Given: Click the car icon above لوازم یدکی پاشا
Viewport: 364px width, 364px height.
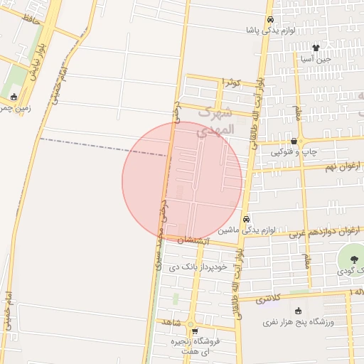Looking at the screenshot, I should pyautogui.click(x=270, y=20).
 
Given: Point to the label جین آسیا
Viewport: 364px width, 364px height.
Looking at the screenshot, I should pyautogui.click(x=327, y=59).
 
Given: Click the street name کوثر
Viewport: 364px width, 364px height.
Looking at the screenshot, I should pyautogui.click(x=231, y=83).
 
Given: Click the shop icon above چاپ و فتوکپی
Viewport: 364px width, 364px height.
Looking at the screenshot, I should pyautogui.click(x=294, y=141).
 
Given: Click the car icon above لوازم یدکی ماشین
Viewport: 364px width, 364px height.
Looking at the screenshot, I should pyautogui.click(x=246, y=220).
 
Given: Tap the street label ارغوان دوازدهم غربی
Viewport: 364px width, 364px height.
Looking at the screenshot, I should pyautogui.click(x=325, y=231).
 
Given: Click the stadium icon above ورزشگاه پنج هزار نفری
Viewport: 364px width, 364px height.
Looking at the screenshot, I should pyautogui.click(x=297, y=310).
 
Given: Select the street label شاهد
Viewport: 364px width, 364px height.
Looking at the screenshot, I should pyautogui.click(x=168, y=322).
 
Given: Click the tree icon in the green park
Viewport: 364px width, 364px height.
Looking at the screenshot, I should pyautogui.click(x=353, y=259).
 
